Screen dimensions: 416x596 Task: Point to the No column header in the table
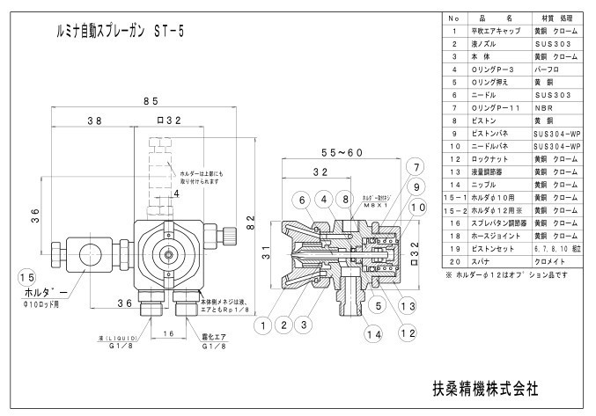click(453, 16)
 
